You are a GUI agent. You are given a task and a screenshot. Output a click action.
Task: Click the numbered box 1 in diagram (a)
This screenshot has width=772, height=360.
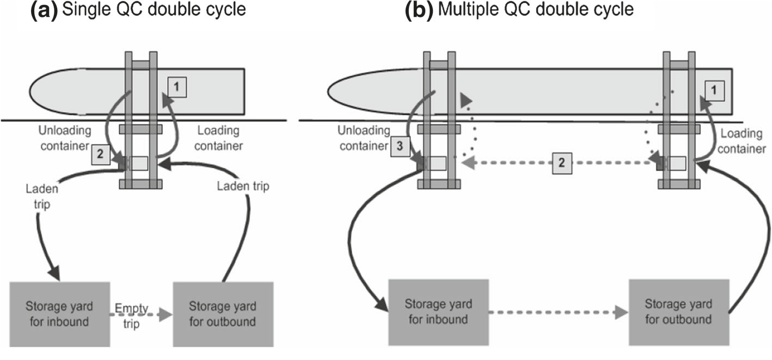click(x=177, y=87)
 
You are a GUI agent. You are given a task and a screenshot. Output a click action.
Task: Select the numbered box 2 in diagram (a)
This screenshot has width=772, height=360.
click(x=101, y=154)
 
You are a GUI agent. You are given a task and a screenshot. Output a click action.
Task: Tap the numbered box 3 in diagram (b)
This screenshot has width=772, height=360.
click(x=400, y=147)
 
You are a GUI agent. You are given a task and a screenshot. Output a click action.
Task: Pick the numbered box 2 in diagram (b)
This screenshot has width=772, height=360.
click(x=562, y=163)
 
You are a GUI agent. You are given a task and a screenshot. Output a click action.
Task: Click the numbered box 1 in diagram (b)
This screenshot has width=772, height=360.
click(x=714, y=91)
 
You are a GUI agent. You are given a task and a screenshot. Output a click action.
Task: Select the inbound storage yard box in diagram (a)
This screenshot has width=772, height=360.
click(x=60, y=314)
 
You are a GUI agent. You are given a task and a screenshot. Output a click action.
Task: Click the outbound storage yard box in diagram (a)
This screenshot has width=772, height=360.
click(x=223, y=314)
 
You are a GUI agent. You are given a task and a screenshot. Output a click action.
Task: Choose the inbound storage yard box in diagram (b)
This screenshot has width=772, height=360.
click(x=438, y=312)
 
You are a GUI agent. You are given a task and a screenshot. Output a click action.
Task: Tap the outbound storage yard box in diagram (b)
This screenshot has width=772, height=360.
click(x=679, y=312)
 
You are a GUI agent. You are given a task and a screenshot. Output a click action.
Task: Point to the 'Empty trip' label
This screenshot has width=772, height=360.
click(x=132, y=316)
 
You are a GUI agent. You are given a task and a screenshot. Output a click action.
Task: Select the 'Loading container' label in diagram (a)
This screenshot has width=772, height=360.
click(x=218, y=138)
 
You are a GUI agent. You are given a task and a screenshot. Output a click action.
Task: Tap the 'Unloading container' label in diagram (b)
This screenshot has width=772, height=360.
click(x=364, y=138)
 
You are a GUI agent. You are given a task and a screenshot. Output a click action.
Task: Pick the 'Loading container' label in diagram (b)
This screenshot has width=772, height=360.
click(x=742, y=141)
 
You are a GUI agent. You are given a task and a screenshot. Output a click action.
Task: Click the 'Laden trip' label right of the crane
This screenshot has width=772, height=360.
click(x=243, y=186)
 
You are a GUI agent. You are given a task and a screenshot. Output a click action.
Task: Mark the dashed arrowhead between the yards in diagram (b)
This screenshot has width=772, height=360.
click(x=621, y=313)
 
